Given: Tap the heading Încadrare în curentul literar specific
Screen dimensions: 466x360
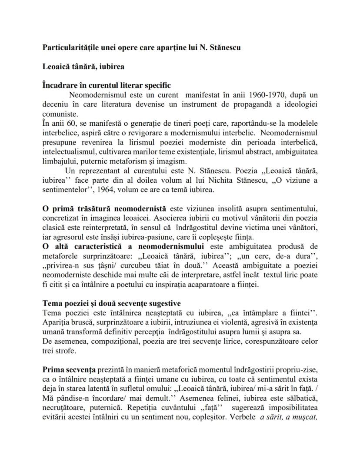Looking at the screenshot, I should pos(107,85).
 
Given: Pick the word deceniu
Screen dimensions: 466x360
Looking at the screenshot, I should pos(55,104).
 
